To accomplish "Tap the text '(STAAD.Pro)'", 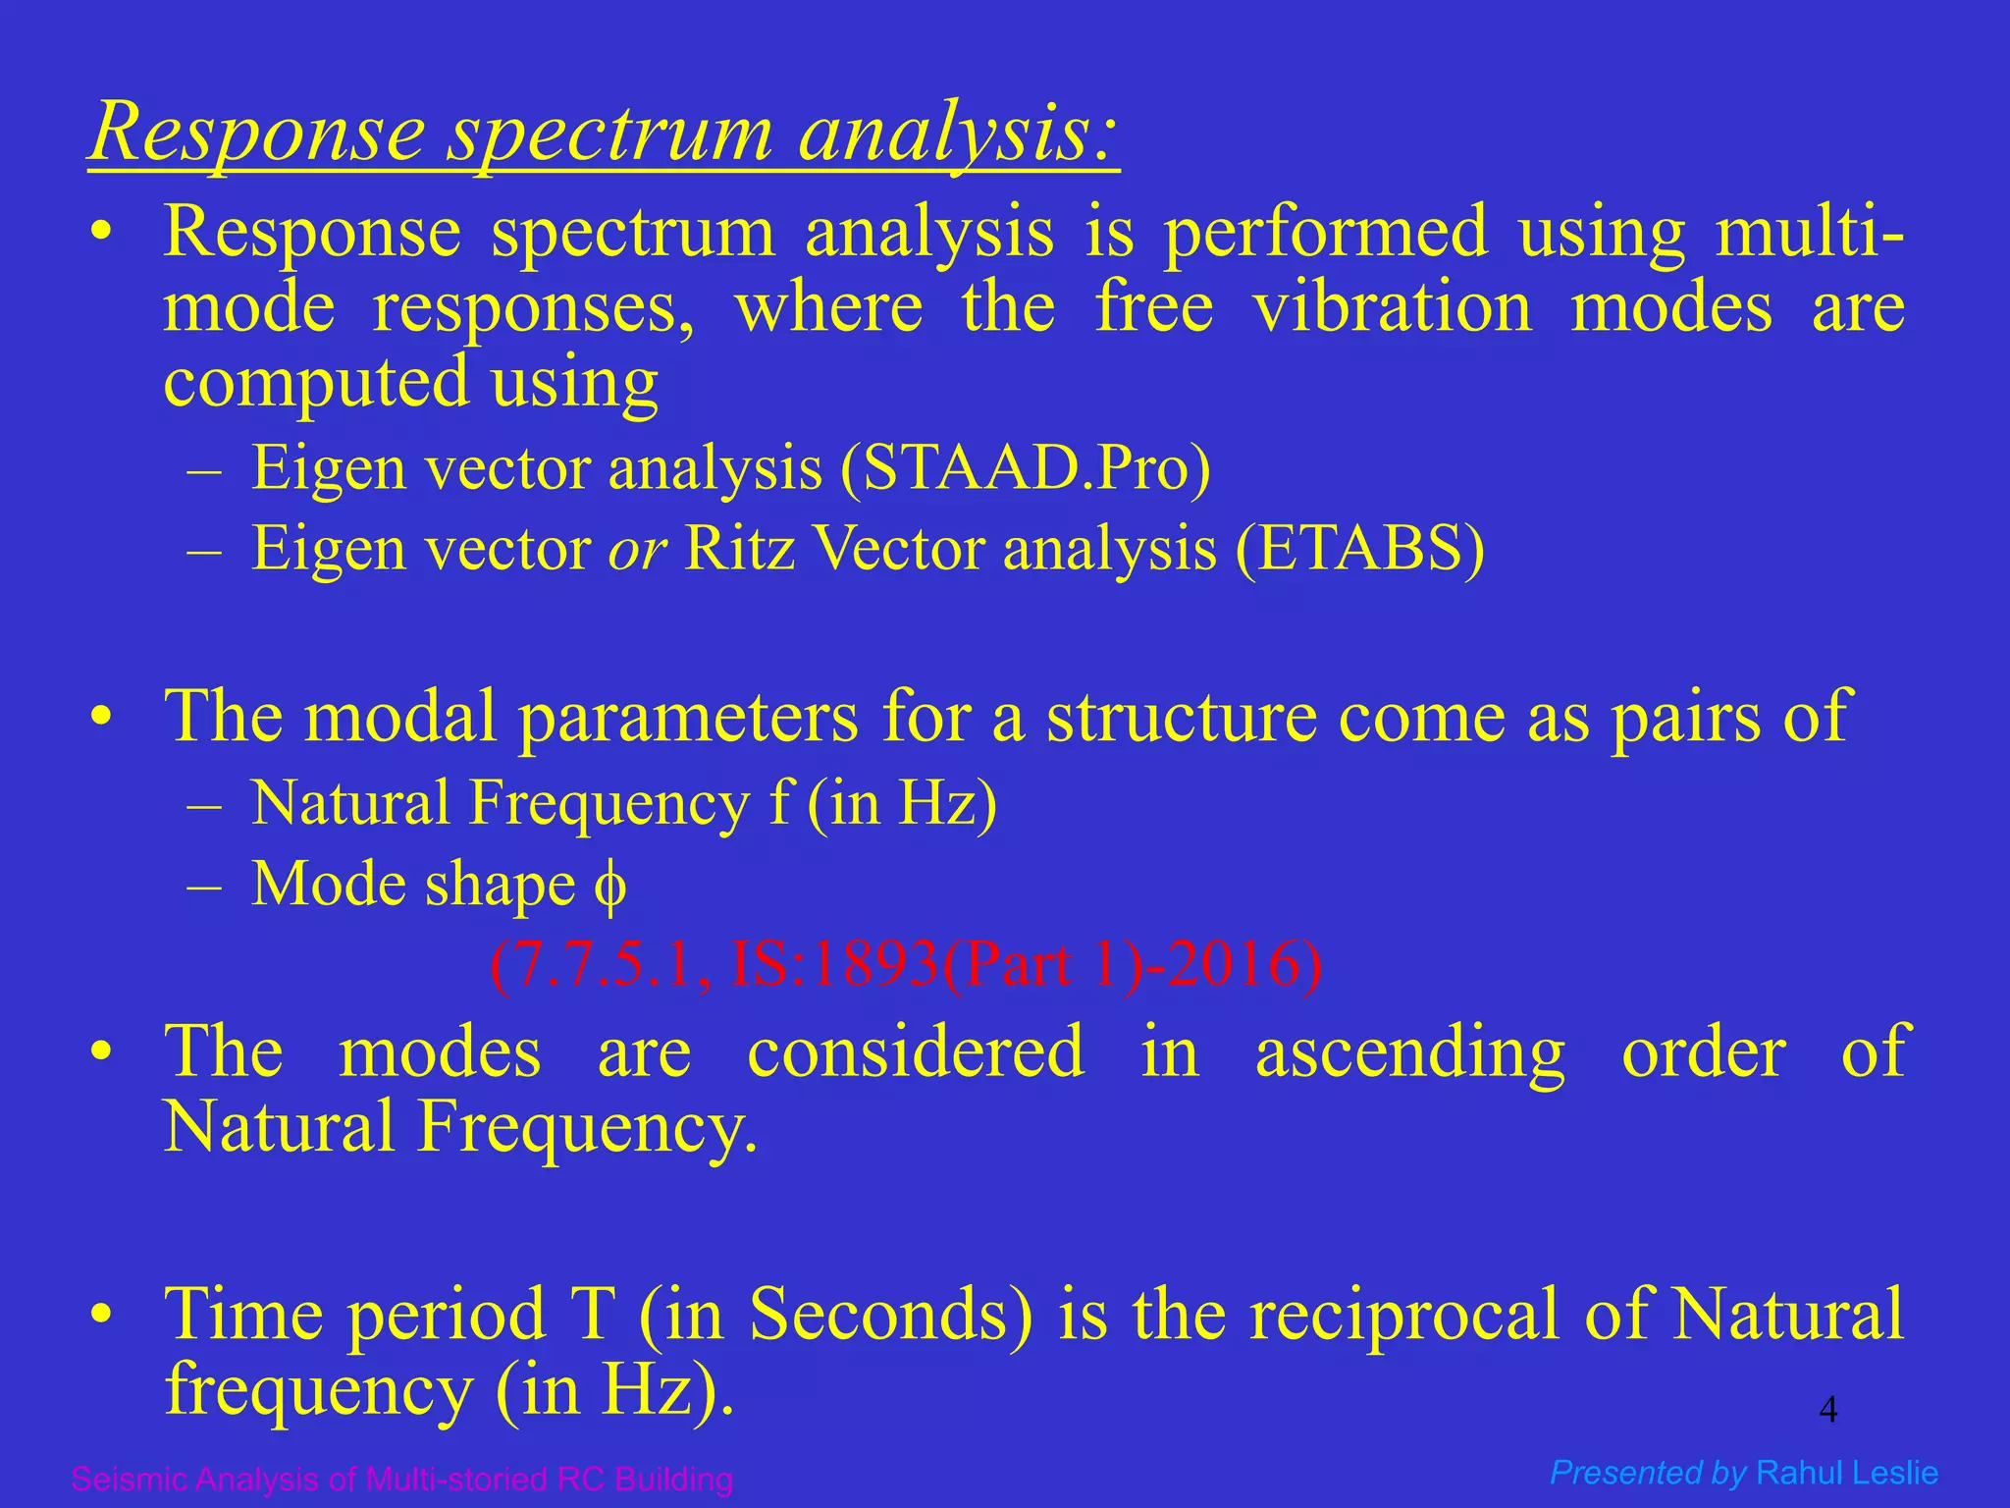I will point(1026,468).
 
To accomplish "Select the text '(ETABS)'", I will point(1360,549).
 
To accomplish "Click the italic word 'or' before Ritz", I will point(637,550).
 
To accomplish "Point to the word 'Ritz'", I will point(739,549).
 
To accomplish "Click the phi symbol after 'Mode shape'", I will point(609,887).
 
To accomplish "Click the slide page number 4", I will point(1827,1411).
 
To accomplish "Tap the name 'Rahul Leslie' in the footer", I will point(1847,1473).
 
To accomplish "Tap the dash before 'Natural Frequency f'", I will point(203,805).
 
